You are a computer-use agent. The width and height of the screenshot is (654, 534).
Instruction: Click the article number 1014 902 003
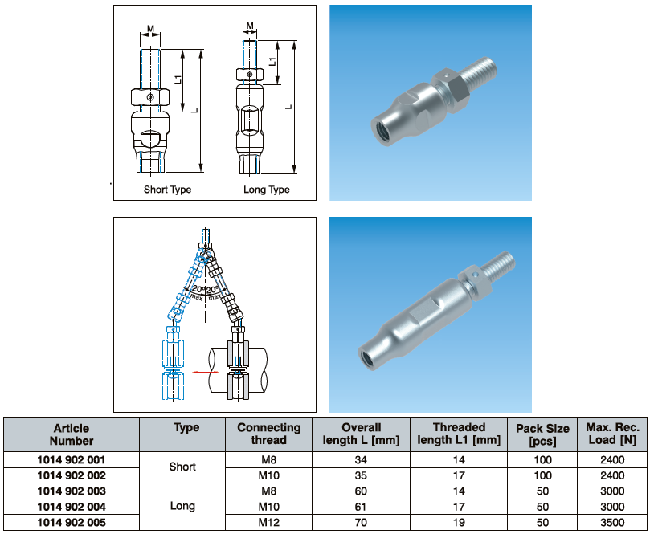coord(72,491)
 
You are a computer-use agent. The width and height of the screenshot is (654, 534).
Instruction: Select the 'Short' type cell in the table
coord(182,467)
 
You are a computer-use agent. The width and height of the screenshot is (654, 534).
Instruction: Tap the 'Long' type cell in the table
coord(182,506)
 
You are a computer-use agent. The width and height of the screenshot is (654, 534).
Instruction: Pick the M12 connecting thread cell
coord(268,522)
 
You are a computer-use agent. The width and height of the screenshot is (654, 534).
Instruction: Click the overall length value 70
coord(361,522)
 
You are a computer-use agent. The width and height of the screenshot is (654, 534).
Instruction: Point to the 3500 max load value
coord(612,522)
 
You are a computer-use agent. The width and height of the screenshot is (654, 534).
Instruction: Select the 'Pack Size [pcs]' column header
coord(542,434)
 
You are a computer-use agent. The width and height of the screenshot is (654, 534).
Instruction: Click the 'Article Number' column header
coord(72,434)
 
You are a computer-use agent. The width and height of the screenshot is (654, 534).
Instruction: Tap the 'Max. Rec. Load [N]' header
coord(612,434)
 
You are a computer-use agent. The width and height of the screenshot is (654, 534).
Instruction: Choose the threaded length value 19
coord(459,522)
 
